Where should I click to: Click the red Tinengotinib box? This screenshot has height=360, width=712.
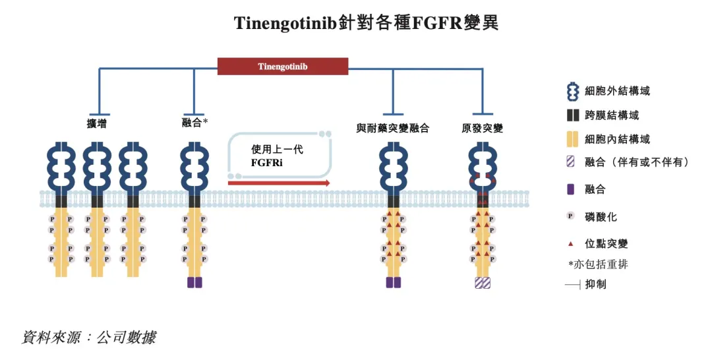[x=283, y=67]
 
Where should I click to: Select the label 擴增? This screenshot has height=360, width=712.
[x=97, y=123]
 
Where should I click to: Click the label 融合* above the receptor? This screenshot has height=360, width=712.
[x=194, y=123]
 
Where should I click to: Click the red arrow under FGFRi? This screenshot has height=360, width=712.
[x=278, y=183]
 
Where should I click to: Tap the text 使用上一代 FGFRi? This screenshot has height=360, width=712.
[x=277, y=156]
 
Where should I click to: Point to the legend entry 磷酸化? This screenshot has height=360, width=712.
[x=601, y=216]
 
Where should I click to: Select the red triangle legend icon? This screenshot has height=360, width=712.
[x=572, y=243]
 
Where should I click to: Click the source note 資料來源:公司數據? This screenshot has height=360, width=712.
[x=89, y=338]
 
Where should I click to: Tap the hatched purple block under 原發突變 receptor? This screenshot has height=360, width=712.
[x=482, y=282]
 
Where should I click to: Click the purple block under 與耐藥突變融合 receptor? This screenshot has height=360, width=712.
[x=393, y=282]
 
